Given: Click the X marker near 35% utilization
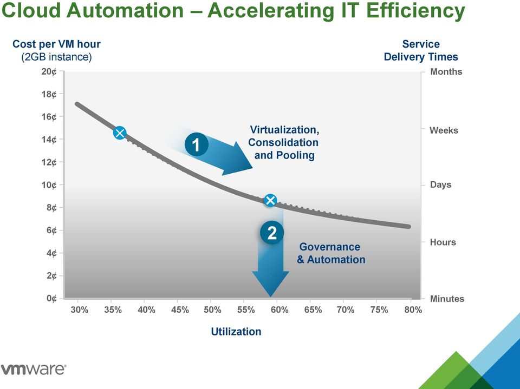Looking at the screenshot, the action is (120, 133).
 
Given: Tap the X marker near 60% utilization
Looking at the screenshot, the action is (270, 200).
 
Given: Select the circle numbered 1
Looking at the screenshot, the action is (196, 144).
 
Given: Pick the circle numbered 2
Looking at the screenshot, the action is (272, 233).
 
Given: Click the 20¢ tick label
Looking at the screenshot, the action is (49, 71).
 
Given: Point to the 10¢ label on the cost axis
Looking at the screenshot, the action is (49, 185).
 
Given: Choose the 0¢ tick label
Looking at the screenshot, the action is (52, 298).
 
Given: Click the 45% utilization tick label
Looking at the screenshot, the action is (180, 310).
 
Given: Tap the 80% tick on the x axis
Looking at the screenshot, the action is (413, 310).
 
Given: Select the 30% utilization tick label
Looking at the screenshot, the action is (80, 310).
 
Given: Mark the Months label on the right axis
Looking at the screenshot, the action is (446, 71).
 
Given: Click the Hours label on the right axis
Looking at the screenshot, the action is (443, 242).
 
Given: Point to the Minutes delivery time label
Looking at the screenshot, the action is (447, 299).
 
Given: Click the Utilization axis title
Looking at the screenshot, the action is (236, 331).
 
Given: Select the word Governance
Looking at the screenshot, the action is (330, 247).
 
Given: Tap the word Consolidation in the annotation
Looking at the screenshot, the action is (283, 142).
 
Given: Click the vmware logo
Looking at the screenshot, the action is (34, 369).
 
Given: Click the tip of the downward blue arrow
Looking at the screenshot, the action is (271, 296).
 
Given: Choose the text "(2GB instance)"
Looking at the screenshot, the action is (56, 57).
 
